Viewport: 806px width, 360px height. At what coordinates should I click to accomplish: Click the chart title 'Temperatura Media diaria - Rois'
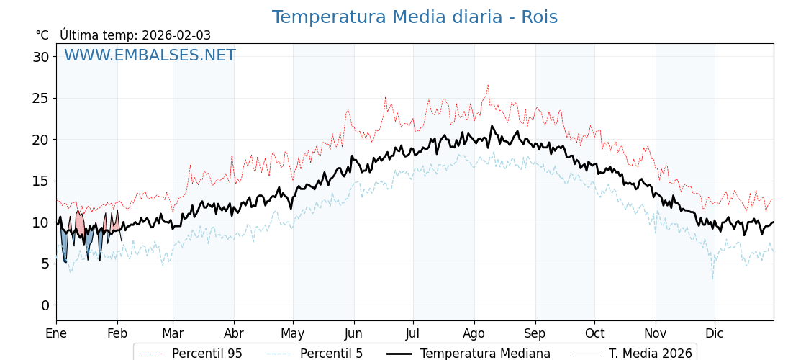[x=415, y=17]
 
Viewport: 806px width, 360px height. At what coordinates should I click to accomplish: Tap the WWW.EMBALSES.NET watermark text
[x=150, y=55]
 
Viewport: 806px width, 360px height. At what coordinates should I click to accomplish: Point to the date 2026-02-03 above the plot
[x=176, y=35]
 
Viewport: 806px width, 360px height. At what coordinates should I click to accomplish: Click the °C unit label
[x=42, y=35]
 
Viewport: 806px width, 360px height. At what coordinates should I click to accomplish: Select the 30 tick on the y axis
[x=41, y=57]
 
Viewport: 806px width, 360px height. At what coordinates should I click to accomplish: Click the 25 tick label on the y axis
[x=41, y=98]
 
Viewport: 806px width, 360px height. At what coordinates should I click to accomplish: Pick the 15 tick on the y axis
[x=41, y=181]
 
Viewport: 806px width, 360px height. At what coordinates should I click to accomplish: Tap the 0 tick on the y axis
[x=45, y=305]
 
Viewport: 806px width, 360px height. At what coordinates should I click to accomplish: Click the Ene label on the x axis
[x=56, y=333]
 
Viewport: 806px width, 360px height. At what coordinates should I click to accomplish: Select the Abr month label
[x=234, y=333]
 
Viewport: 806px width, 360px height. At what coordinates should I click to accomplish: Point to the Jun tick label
[x=353, y=333]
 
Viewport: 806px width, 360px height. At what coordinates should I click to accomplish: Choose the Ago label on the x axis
[x=474, y=333]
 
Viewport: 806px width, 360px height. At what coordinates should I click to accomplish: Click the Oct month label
[x=594, y=333]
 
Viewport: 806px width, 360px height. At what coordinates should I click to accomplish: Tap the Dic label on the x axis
[x=715, y=333]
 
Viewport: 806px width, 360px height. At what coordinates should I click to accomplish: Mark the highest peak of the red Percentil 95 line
[x=487, y=86]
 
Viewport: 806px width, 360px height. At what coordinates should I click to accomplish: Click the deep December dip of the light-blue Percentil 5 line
[x=713, y=278]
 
